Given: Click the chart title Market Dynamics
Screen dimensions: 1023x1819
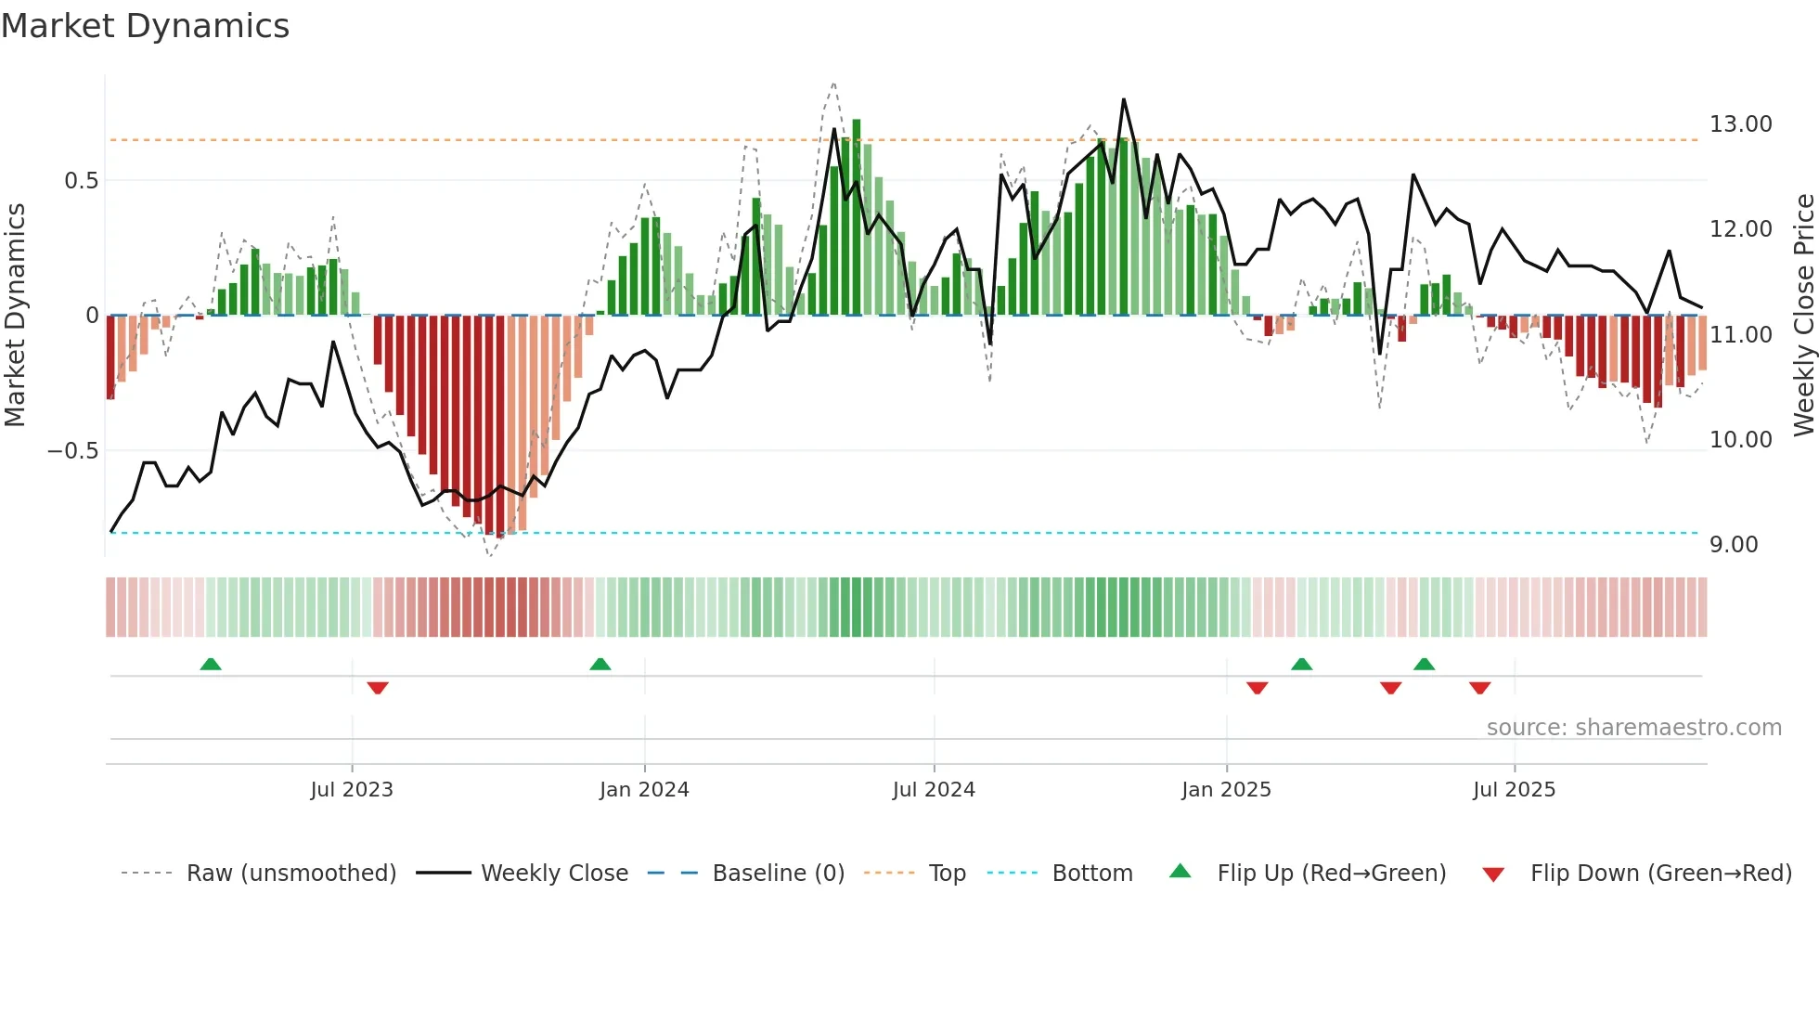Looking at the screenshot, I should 145,26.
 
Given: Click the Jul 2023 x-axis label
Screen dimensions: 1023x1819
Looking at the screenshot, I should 352,790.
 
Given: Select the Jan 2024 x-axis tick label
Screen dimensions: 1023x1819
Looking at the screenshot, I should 644,790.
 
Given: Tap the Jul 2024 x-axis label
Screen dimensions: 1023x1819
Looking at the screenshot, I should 934,790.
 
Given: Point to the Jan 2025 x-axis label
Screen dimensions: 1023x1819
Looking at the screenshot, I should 1226,790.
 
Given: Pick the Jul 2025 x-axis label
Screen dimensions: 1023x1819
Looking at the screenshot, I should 1514,790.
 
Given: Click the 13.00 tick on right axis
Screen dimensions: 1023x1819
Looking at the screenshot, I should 1740,124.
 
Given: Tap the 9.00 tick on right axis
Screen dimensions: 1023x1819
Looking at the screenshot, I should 1734,545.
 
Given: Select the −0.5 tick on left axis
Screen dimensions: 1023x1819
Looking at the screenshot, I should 72,451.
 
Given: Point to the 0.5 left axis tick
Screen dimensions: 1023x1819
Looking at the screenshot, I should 81,181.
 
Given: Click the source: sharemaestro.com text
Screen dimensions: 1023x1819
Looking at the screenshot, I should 1633,728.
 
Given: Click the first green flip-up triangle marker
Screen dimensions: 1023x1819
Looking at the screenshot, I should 211,664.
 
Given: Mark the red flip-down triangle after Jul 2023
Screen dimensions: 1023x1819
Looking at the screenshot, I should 378,688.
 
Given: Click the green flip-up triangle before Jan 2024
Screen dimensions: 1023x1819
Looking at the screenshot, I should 600,664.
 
